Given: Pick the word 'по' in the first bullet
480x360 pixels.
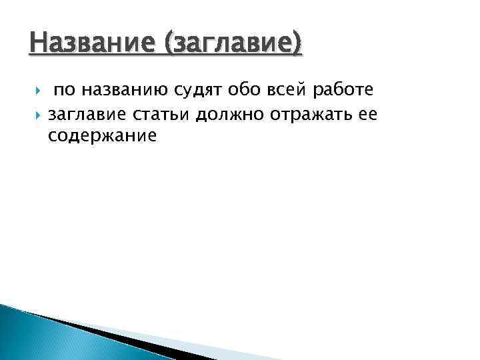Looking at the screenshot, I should [x=65, y=90].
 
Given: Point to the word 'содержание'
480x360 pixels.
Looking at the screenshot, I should [x=103, y=136].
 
